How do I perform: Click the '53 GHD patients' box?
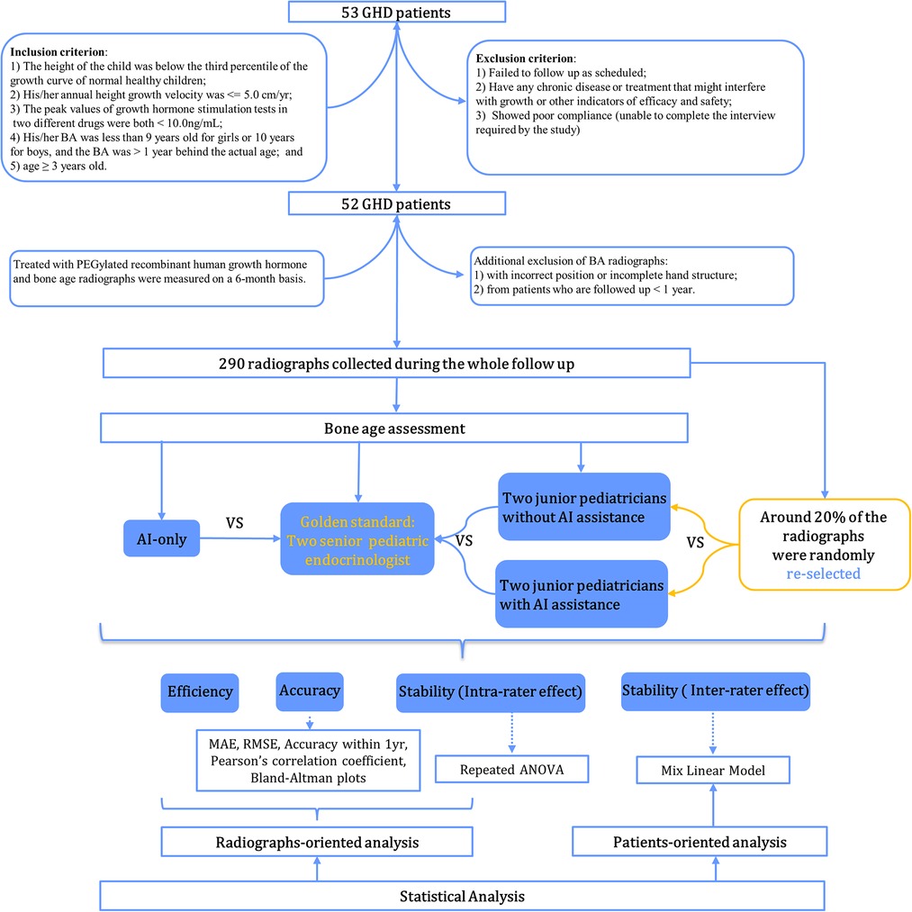click(x=397, y=12)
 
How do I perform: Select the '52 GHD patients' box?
click(x=397, y=203)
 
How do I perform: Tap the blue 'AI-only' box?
click(x=162, y=538)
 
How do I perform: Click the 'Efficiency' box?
click(x=200, y=692)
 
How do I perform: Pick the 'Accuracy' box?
click(x=310, y=691)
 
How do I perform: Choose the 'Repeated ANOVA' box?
click(x=512, y=770)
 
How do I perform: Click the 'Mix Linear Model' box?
click(x=713, y=770)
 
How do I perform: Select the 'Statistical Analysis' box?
click(x=462, y=897)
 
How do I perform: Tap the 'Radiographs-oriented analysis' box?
click(x=317, y=842)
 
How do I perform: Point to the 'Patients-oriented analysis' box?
click(x=700, y=842)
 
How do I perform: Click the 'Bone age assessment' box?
click(x=394, y=428)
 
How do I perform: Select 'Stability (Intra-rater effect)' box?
click(x=491, y=692)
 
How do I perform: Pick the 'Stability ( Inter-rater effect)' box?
click(x=716, y=691)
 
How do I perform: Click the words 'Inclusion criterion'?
click(x=58, y=52)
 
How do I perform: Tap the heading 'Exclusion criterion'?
click(x=525, y=59)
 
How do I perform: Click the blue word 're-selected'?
click(x=823, y=574)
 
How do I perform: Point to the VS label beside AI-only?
click(x=234, y=523)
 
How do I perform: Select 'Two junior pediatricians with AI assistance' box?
click(x=582, y=594)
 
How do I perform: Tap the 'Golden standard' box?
click(x=357, y=539)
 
